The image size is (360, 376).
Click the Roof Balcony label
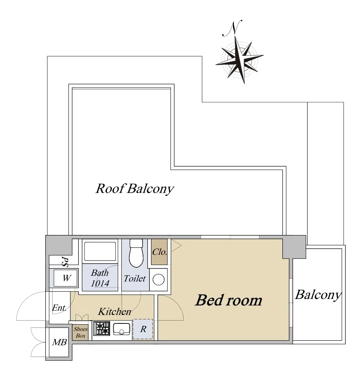point(135,189)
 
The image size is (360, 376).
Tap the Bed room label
point(228,300)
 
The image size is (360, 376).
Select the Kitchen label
point(115,311)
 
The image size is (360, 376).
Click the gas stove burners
point(102,328)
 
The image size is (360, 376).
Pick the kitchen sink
point(121,329)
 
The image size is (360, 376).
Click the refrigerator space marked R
point(143,329)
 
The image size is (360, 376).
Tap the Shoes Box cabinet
point(80,332)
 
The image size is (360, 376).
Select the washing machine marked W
point(66,278)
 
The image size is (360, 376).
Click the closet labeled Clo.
point(159,252)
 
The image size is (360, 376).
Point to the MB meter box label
point(59,342)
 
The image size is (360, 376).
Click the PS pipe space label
point(64,262)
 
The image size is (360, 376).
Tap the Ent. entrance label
point(59,308)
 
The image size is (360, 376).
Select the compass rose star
point(239,60)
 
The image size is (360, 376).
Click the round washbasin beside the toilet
point(159,280)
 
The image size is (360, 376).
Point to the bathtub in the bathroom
point(100,251)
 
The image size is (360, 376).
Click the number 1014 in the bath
point(100,283)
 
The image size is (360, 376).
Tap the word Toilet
point(135,278)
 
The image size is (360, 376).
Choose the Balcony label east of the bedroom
point(318,295)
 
